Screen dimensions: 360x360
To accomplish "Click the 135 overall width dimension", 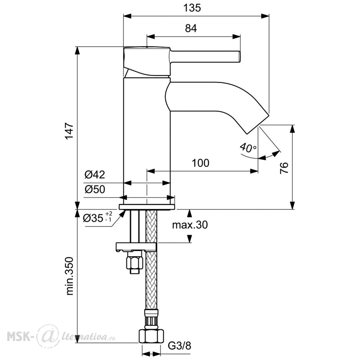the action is click(x=192, y=8).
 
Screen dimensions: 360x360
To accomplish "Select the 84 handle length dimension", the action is click(x=191, y=28).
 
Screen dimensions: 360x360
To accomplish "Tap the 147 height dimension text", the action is click(x=69, y=131).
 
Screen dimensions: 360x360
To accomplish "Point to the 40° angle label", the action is click(x=248, y=148).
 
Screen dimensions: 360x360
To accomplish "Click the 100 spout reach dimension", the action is click(x=201, y=163).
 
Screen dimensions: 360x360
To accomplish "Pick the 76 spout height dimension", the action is click(x=284, y=168).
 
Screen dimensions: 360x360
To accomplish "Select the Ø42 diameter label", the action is click(x=95, y=175).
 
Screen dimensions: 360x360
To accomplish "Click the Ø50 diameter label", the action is click(x=95, y=189).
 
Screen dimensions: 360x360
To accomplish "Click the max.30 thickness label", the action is click(x=190, y=225).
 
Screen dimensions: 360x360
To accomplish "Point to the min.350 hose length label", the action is click(x=69, y=276).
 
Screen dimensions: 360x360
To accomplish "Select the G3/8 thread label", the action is click(x=179, y=346).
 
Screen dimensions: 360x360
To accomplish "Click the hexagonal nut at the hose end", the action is click(x=152, y=336).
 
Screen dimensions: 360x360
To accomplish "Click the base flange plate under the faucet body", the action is click(x=147, y=207).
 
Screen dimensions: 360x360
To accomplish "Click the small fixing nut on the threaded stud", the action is click(x=135, y=263).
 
